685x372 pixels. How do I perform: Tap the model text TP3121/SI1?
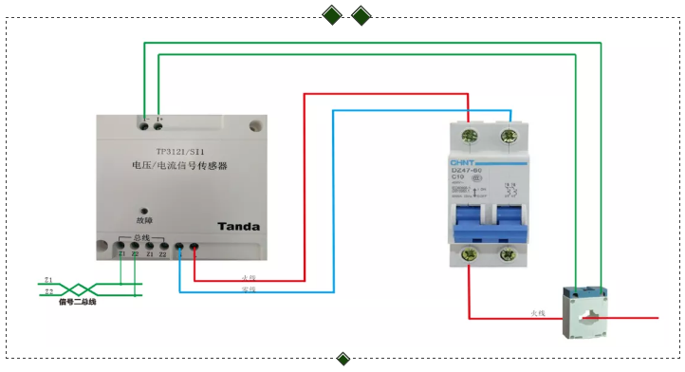click(180, 150)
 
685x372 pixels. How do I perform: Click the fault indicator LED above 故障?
click(143, 213)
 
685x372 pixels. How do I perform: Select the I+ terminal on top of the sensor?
click(158, 121)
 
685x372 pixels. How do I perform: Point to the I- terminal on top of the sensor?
click(143, 121)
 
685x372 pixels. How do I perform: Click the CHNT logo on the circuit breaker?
click(462, 161)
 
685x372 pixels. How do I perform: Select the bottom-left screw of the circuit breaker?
click(469, 253)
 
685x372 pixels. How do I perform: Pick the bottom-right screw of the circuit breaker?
click(510, 253)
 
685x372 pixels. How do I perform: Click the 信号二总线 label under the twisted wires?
click(77, 302)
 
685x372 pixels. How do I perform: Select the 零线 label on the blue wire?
click(249, 288)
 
